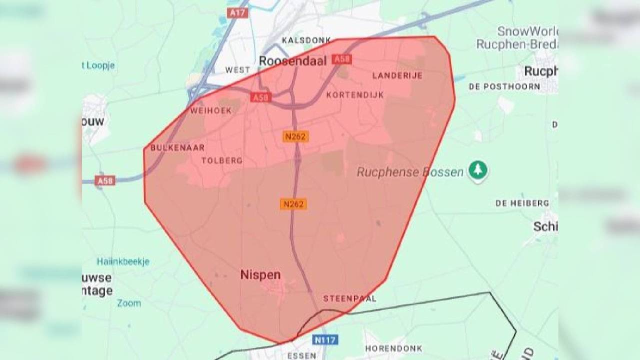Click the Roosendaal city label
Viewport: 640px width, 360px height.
click(x=292, y=61)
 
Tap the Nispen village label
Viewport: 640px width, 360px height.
click(x=260, y=274)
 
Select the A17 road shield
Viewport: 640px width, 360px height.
click(x=237, y=12)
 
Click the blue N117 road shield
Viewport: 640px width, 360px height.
click(x=325, y=339)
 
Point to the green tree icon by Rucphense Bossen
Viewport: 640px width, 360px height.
click(x=478, y=170)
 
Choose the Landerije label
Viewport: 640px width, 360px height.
click(x=397, y=75)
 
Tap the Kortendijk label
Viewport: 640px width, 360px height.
click(x=355, y=94)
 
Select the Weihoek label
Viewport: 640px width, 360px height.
click(x=211, y=110)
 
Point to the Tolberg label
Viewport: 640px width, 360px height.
click(x=221, y=160)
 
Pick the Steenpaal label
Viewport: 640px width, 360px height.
click(x=349, y=298)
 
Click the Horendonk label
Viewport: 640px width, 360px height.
click(x=393, y=348)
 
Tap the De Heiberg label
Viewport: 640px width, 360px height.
click(x=522, y=203)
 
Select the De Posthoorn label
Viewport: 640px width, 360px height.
click(x=504, y=86)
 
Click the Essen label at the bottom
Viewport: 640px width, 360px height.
click(x=302, y=355)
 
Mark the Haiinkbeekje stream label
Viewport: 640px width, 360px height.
click(x=123, y=261)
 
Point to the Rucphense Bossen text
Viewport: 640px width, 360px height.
click(x=410, y=172)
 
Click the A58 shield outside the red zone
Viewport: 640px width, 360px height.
click(x=105, y=180)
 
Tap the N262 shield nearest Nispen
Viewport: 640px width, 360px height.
click(x=293, y=204)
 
